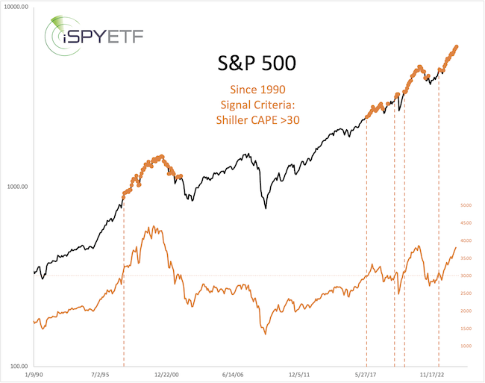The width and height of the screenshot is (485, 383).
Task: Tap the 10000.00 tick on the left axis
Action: (15, 7)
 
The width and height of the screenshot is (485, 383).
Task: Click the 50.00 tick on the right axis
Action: (469, 205)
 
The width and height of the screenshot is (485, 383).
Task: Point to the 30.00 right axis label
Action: (469, 275)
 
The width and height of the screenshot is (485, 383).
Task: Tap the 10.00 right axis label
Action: (469, 346)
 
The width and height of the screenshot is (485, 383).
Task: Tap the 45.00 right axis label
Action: (469, 223)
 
